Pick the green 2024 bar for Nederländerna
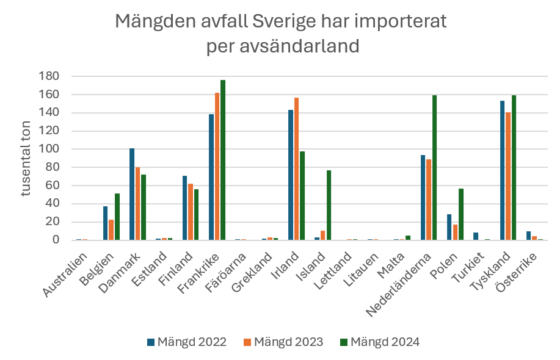(x=435, y=168)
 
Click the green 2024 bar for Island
(x=329, y=205)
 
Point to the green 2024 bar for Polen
(x=461, y=214)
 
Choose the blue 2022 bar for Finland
(x=185, y=208)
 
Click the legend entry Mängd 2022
(x=186, y=342)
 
